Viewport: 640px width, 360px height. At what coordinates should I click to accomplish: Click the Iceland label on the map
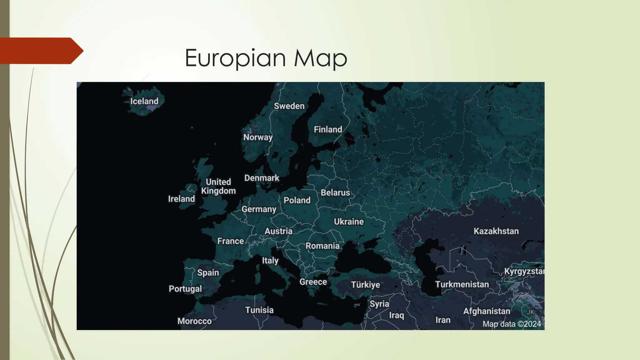(x=144, y=101)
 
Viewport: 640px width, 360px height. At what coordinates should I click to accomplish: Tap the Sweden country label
(x=289, y=106)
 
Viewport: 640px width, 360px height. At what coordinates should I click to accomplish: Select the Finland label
(x=328, y=129)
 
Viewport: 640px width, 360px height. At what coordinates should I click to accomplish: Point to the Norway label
(x=258, y=137)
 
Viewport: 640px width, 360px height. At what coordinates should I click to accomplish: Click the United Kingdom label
(x=218, y=187)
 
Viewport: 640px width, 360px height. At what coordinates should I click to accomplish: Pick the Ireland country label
(x=181, y=199)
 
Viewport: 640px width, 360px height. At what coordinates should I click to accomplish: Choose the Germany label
(x=259, y=209)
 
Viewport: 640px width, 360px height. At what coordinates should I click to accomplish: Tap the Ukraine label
(x=349, y=222)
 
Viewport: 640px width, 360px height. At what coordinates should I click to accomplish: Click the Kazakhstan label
(x=496, y=231)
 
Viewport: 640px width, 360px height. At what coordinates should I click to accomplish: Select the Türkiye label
(x=365, y=285)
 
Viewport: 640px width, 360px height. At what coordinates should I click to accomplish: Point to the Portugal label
(x=185, y=289)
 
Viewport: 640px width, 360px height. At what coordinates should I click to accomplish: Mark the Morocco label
(x=194, y=321)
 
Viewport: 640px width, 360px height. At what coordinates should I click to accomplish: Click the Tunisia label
(x=259, y=310)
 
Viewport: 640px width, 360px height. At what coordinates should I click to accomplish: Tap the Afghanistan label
(x=487, y=311)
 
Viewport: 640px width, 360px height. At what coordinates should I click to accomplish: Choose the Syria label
(x=379, y=304)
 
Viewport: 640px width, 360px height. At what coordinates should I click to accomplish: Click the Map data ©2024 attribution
(x=512, y=324)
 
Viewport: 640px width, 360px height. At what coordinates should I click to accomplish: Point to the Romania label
(x=322, y=246)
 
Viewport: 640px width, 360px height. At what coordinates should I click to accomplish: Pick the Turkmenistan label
(x=462, y=284)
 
